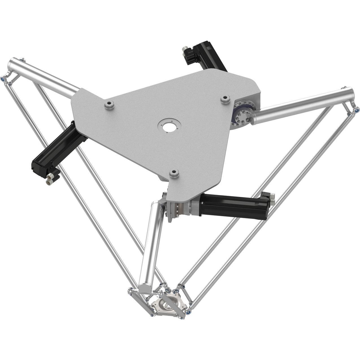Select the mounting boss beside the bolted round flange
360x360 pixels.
[225, 99]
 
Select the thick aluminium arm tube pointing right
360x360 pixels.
[302, 106]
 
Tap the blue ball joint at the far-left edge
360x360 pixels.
[3, 79]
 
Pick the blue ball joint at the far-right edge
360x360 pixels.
[357, 109]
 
